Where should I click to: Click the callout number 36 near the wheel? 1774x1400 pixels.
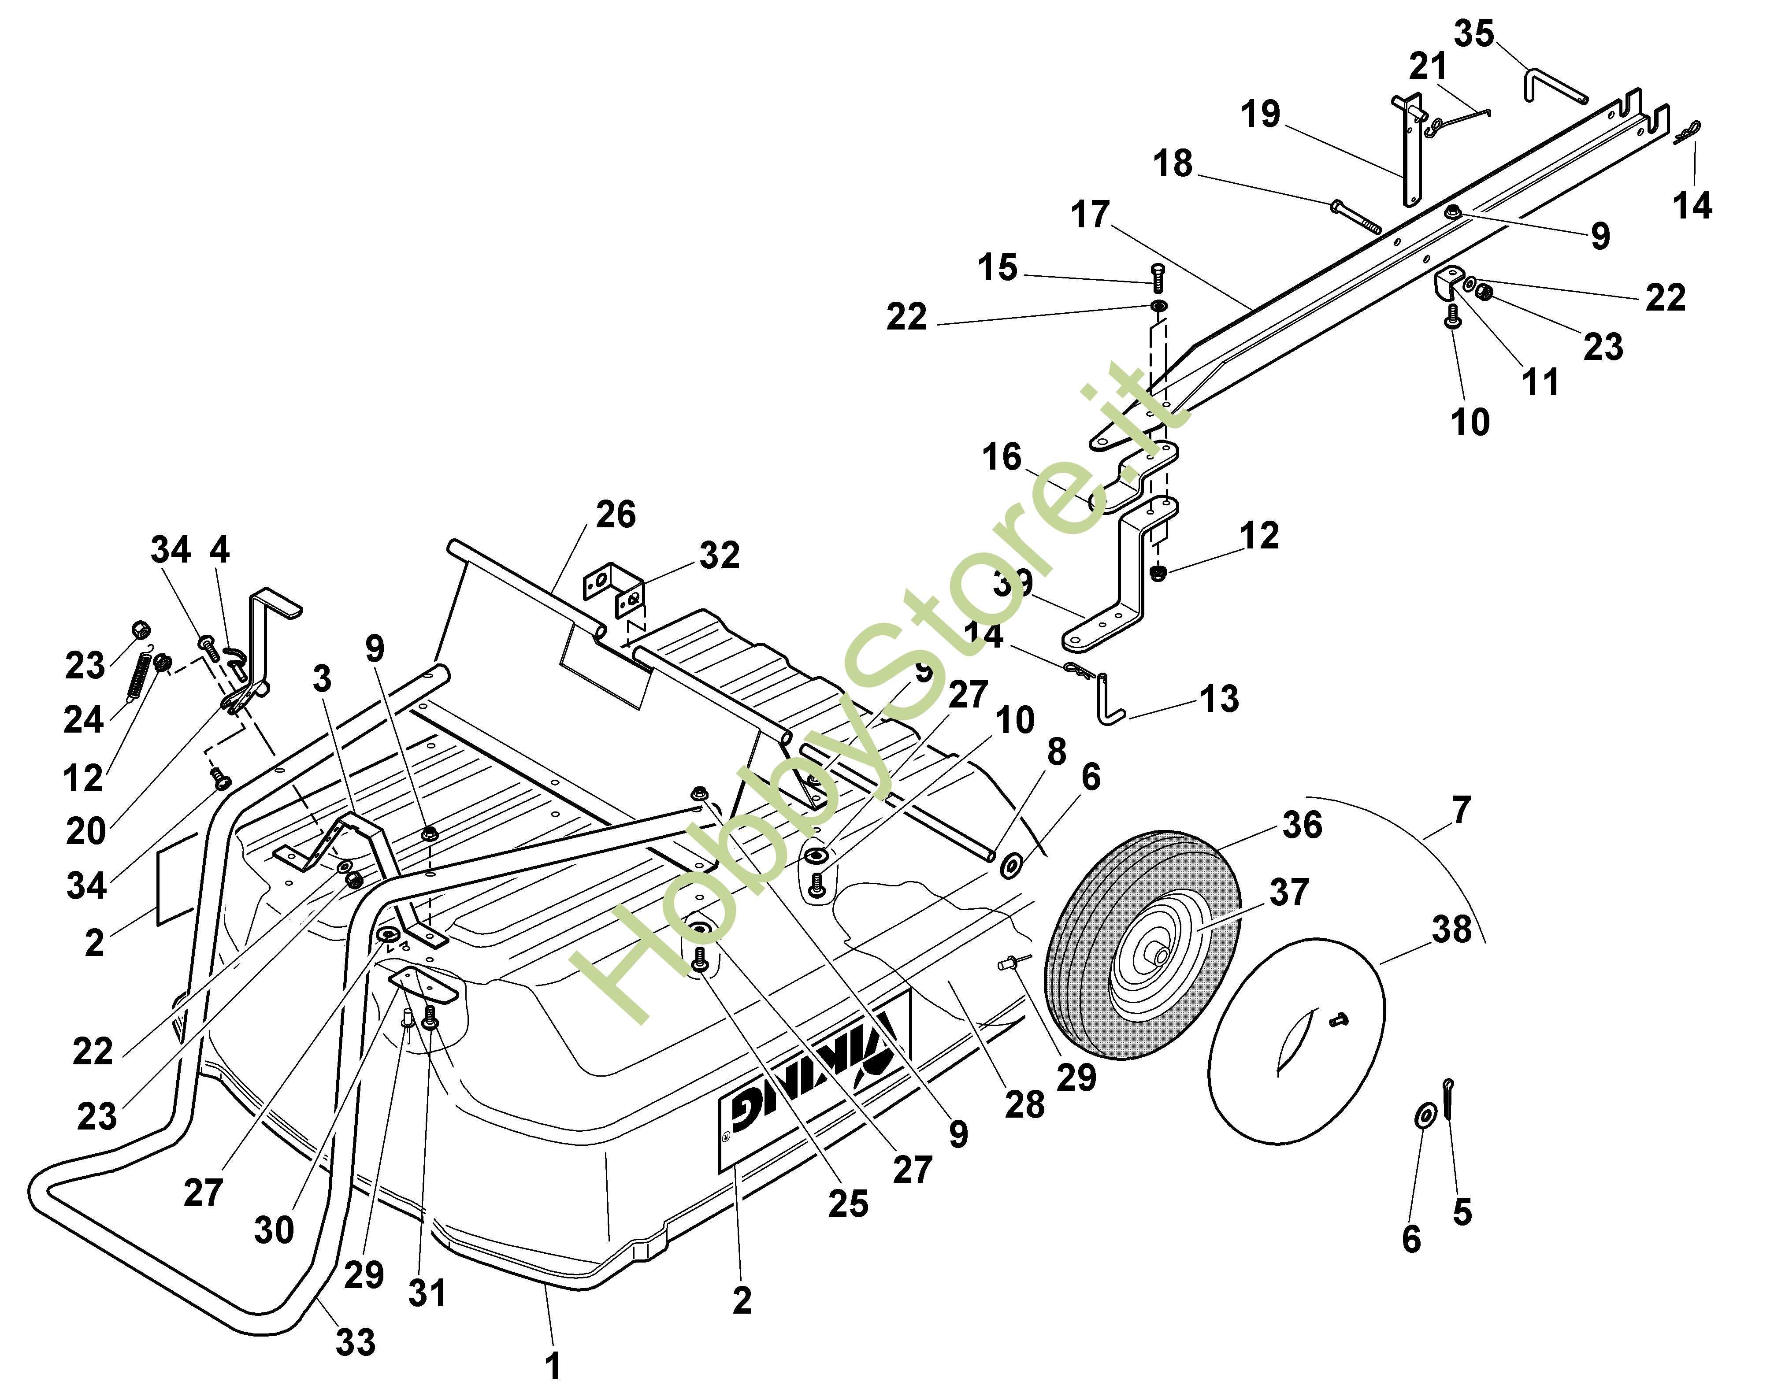[1302, 826]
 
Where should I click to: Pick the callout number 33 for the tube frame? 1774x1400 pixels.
[355, 1342]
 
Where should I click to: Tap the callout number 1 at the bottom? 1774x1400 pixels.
[553, 1366]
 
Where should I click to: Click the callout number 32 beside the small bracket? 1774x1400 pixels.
[719, 556]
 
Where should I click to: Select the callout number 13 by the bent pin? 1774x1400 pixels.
[1219, 699]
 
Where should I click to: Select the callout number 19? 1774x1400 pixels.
[1260, 114]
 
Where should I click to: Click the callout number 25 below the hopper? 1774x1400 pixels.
[848, 1203]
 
